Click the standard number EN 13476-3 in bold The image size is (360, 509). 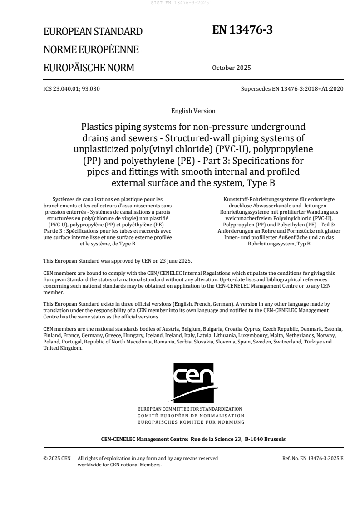click(242, 30)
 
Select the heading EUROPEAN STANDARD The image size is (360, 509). click(93, 31)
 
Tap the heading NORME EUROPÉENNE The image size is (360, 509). click(91, 49)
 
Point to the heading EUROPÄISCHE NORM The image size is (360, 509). click(89, 68)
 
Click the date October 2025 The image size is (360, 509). click(231, 68)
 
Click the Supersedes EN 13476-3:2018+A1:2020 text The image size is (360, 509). click(292, 88)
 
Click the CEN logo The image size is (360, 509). click(193, 382)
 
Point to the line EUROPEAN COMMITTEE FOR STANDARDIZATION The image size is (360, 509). click(193, 409)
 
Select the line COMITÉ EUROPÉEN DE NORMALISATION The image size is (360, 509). click(193, 415)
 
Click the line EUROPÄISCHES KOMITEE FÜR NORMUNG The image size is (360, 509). click(193, 422)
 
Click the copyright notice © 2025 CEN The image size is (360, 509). click(57, 459)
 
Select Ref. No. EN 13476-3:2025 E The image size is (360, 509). click(313, 459)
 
